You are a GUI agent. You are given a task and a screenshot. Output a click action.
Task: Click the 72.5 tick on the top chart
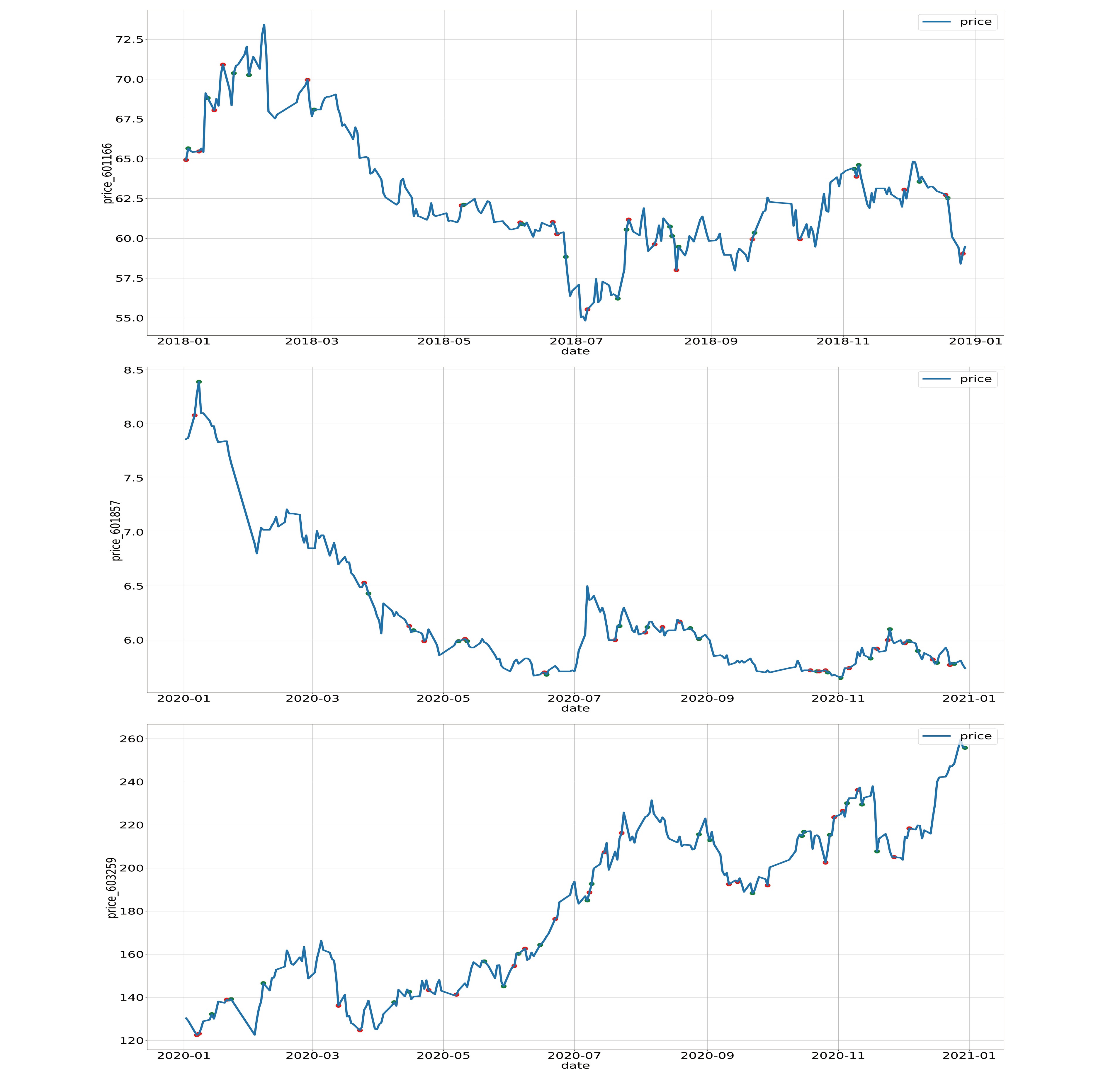click(129, 40)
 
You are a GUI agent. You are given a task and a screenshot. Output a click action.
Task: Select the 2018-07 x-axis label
click(576, 341)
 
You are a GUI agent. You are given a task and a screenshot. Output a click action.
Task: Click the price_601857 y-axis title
click(116, 530)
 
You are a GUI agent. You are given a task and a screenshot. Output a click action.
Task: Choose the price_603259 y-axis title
click(112, 888)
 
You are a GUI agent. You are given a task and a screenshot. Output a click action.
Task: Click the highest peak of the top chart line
click(264, 25)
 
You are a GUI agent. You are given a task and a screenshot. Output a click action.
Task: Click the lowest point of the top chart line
click(585, 321)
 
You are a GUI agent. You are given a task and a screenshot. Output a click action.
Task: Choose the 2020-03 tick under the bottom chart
click(312, 1056)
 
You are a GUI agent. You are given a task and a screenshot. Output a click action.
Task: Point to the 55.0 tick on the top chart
click(129, 318)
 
